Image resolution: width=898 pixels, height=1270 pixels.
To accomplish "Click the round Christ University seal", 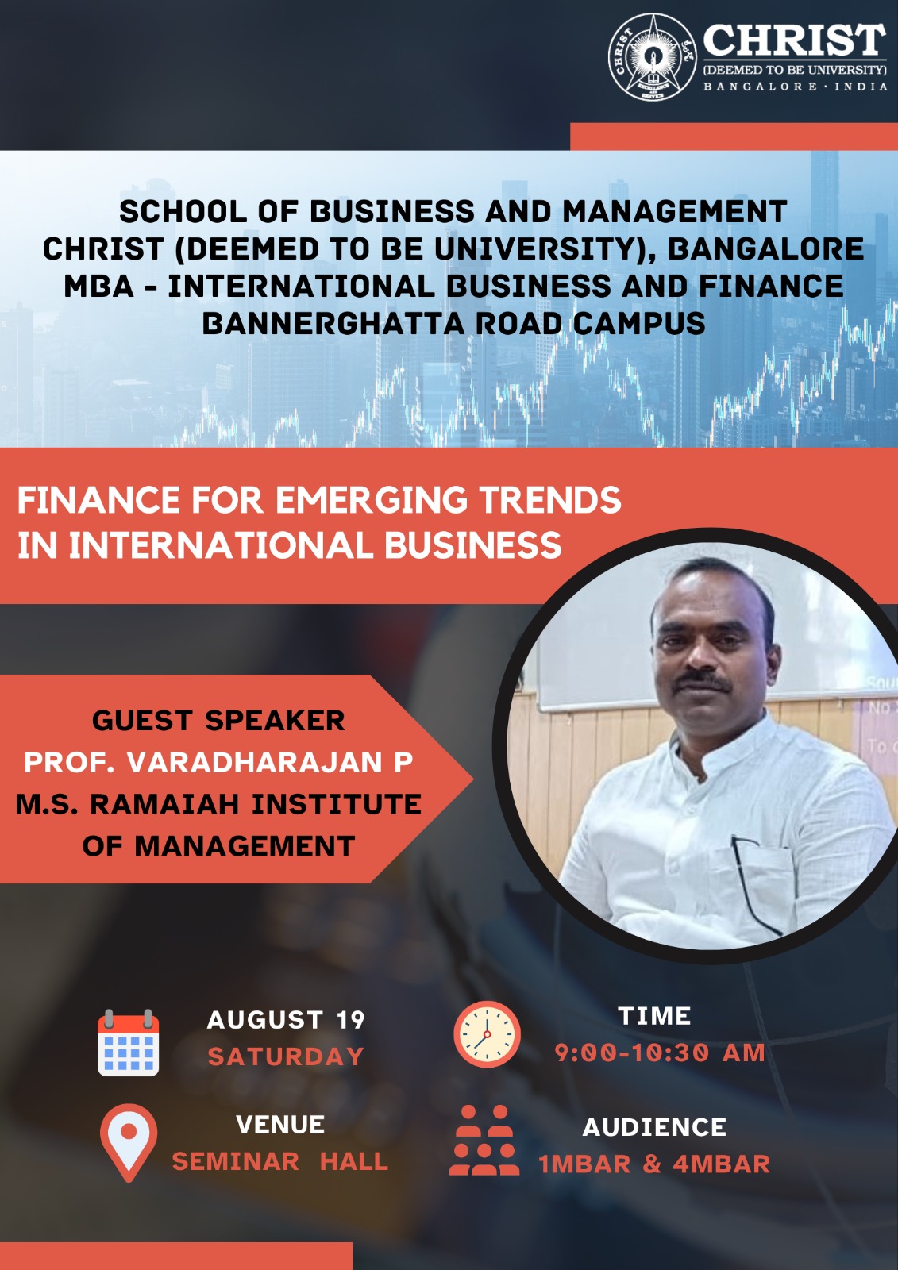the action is [653, 57].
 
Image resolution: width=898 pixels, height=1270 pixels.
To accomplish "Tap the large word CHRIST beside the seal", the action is [795, 40].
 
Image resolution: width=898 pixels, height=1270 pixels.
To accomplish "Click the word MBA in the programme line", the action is [99, 286].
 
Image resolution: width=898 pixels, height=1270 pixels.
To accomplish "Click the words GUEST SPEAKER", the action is [218, 721].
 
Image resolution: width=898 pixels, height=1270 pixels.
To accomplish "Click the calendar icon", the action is [128, 1042].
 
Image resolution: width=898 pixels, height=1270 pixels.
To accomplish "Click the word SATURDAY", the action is [285, 1056].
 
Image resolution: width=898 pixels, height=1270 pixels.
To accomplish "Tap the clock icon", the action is [487, 1035].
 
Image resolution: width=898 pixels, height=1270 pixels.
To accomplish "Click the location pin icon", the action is [129, 1143].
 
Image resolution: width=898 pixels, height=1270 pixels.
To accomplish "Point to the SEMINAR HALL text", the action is [280, 1162].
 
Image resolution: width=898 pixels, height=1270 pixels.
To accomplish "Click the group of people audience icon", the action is [484, 1140].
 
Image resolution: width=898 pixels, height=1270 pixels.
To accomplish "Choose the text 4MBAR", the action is [721, 1164].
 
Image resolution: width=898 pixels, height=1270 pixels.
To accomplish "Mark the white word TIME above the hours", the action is [654, 1016].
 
